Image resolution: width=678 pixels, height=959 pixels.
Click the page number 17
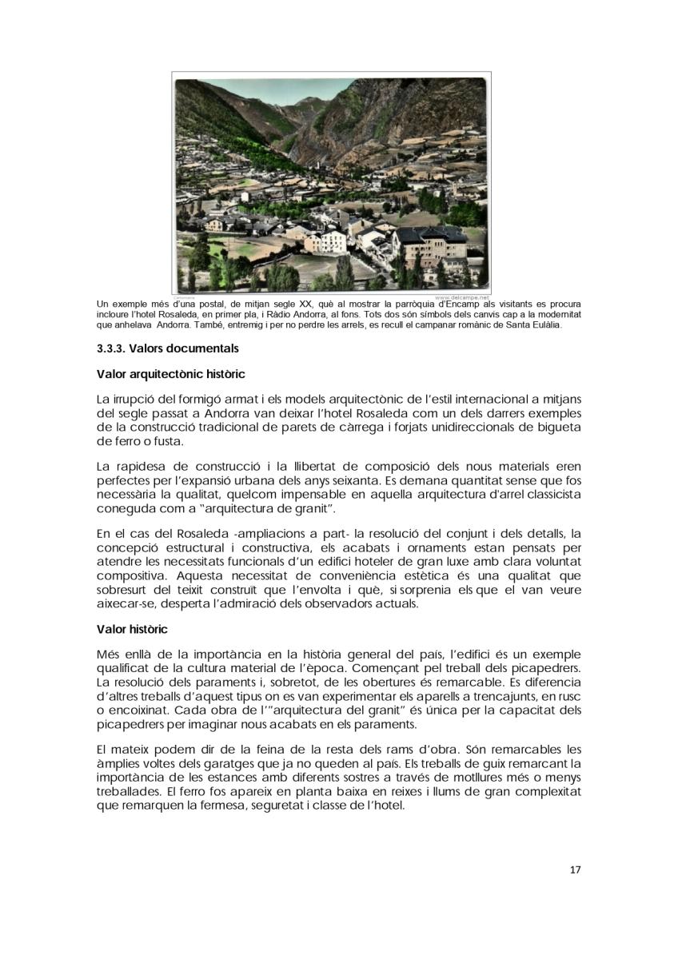(575, 869)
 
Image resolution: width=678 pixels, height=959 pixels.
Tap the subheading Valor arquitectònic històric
(170, 374)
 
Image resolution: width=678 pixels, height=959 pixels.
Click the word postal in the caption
(213, 304)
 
